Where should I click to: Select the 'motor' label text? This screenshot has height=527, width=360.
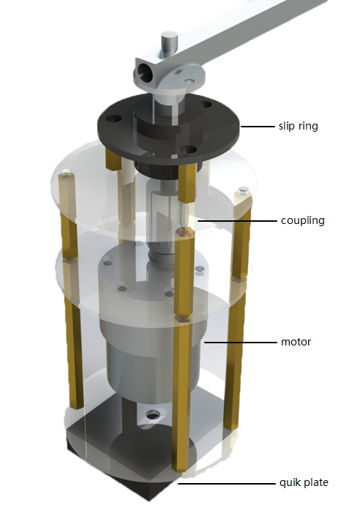click(x=296, y=342)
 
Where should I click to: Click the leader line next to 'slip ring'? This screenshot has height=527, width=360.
click(x=258, y=126)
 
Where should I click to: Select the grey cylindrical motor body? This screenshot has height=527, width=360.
click(x=150, y=351)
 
